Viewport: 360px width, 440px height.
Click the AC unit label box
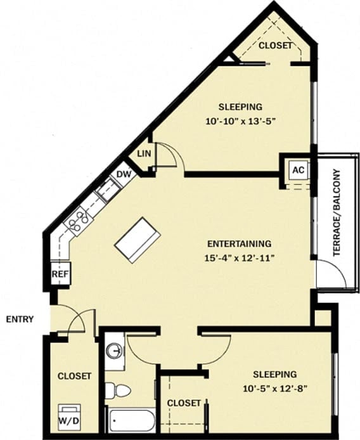(x=298, y=170)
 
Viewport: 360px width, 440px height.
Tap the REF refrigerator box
(x=60, y=275)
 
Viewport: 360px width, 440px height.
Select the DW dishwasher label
(x=123, y=174)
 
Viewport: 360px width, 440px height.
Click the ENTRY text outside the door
(x=20, y=319)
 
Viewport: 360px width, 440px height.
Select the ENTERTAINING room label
(x=240, y=243)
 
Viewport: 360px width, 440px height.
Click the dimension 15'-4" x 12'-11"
(x=240, y=257)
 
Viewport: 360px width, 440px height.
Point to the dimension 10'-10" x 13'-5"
(x=240, y=120)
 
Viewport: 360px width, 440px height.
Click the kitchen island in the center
(x=137, y=240)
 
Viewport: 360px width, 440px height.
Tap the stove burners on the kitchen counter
(x=79, y=220)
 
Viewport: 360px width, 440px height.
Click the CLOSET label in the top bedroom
(x=275, y=46)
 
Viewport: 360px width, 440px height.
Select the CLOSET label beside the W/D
(x=74, y=376)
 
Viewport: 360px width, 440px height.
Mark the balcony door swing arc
(x=332, y=274)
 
